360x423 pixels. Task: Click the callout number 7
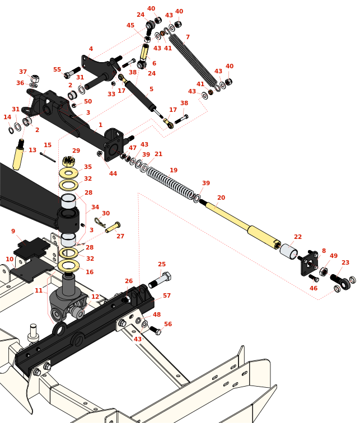pos(188,37)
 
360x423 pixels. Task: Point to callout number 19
pos(174,171)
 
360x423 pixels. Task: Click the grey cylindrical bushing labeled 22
pos(289,252)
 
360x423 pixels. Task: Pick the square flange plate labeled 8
pos(310,263)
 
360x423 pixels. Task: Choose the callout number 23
pos(345,263)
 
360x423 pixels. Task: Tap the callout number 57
pos(167,296)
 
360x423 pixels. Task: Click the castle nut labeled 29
pos(68,161)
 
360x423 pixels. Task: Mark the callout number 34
pos(95,207)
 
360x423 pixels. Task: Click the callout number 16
pos(90,272)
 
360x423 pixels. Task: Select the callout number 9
pos(13,232)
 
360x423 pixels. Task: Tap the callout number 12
pos(95,297)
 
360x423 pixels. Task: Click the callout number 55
pos(57,70)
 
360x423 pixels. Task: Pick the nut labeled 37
pos(34,79)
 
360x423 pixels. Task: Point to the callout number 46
pos(314,289)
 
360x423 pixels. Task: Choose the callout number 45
pos(130,26)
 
